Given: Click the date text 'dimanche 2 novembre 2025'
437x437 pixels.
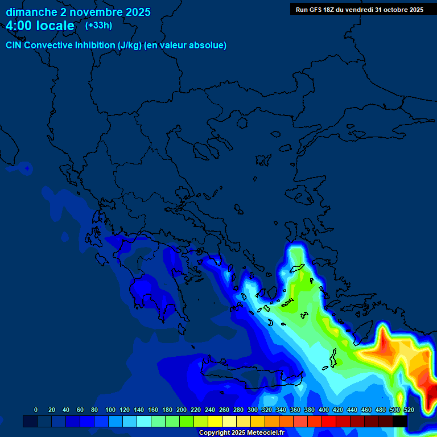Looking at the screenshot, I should pyautogui.click(x=78, y=12).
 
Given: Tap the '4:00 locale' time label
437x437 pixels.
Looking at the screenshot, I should pyautogui.click(x=40, y=26).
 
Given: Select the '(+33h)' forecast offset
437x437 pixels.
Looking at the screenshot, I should pyautogui.click(x=98, y=26).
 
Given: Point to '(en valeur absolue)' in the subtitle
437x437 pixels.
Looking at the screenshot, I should pyautogui.click(x=185, y=46).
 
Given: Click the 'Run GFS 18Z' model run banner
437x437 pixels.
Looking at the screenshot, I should pyautogui.click(x=359, y=10).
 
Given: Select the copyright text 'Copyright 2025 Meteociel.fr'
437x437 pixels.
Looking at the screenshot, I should pyautogui.click(x=241, y=433).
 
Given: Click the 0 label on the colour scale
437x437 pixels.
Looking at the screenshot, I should pyautogui.click(x=36, y=410).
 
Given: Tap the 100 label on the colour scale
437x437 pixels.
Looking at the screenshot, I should pyautogui.click(x=110, y=410).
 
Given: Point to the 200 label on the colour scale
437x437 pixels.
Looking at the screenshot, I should pyautogui.click(x=181, y=410).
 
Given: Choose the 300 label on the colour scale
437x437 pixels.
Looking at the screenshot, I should pyautogui.click(x=252, y=410).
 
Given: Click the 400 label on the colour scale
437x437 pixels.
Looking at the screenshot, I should pyautogui.click(x=323, y=410).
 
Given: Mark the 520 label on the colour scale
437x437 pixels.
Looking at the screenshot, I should pyautogui.click(x=409, y=410).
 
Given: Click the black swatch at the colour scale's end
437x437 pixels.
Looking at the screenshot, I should pyautogui.click(x=400, y=422).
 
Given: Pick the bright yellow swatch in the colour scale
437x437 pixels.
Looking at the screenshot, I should pyautogui.click(x=215, y=422).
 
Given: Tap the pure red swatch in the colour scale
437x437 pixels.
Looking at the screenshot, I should pyautogui.click(x=329, y=422).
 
